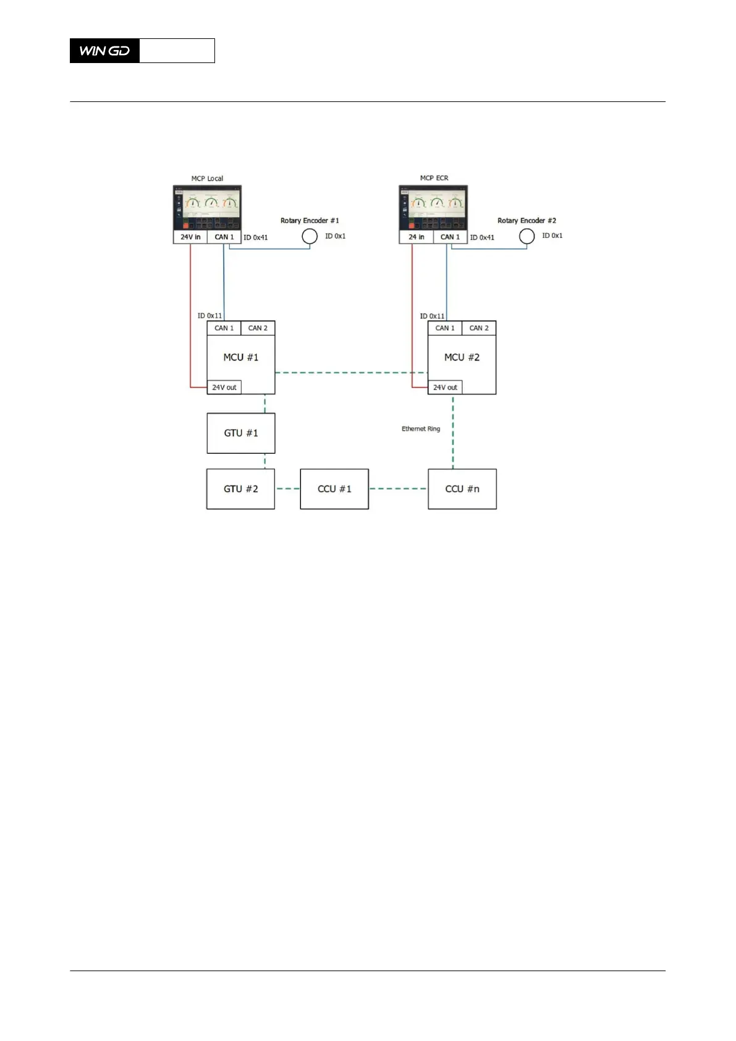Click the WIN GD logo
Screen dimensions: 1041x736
(x=105, y=51)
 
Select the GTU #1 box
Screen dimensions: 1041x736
(x=240, y=433)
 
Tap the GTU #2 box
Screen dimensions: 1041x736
(x=240, y=488)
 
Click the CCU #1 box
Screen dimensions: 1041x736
(x=334, y=488)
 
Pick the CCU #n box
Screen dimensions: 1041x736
(x=462, y=488)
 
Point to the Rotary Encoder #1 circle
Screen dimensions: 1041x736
(x=310, y=236)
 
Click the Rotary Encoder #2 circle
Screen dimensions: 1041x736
(x=527, y=236)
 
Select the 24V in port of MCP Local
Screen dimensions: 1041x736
(x=190, y=237)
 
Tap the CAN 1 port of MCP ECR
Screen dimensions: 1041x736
(x=450, y=237)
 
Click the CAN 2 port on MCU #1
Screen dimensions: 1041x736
(x=258, y=328)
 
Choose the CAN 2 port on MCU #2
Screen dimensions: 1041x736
(x=479, y=328)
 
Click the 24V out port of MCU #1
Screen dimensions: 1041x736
(x=224, y=388)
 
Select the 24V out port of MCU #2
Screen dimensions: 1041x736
(x=445, y=388)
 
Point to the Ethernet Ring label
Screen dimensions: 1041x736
(x=421, y=428)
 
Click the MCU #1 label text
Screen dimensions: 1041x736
(x=241, y=357)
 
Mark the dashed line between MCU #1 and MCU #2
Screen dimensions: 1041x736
(x=351, y=373)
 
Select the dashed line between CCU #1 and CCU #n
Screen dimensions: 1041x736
(x=398, y=488)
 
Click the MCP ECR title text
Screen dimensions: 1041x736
(x=434, y=178)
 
